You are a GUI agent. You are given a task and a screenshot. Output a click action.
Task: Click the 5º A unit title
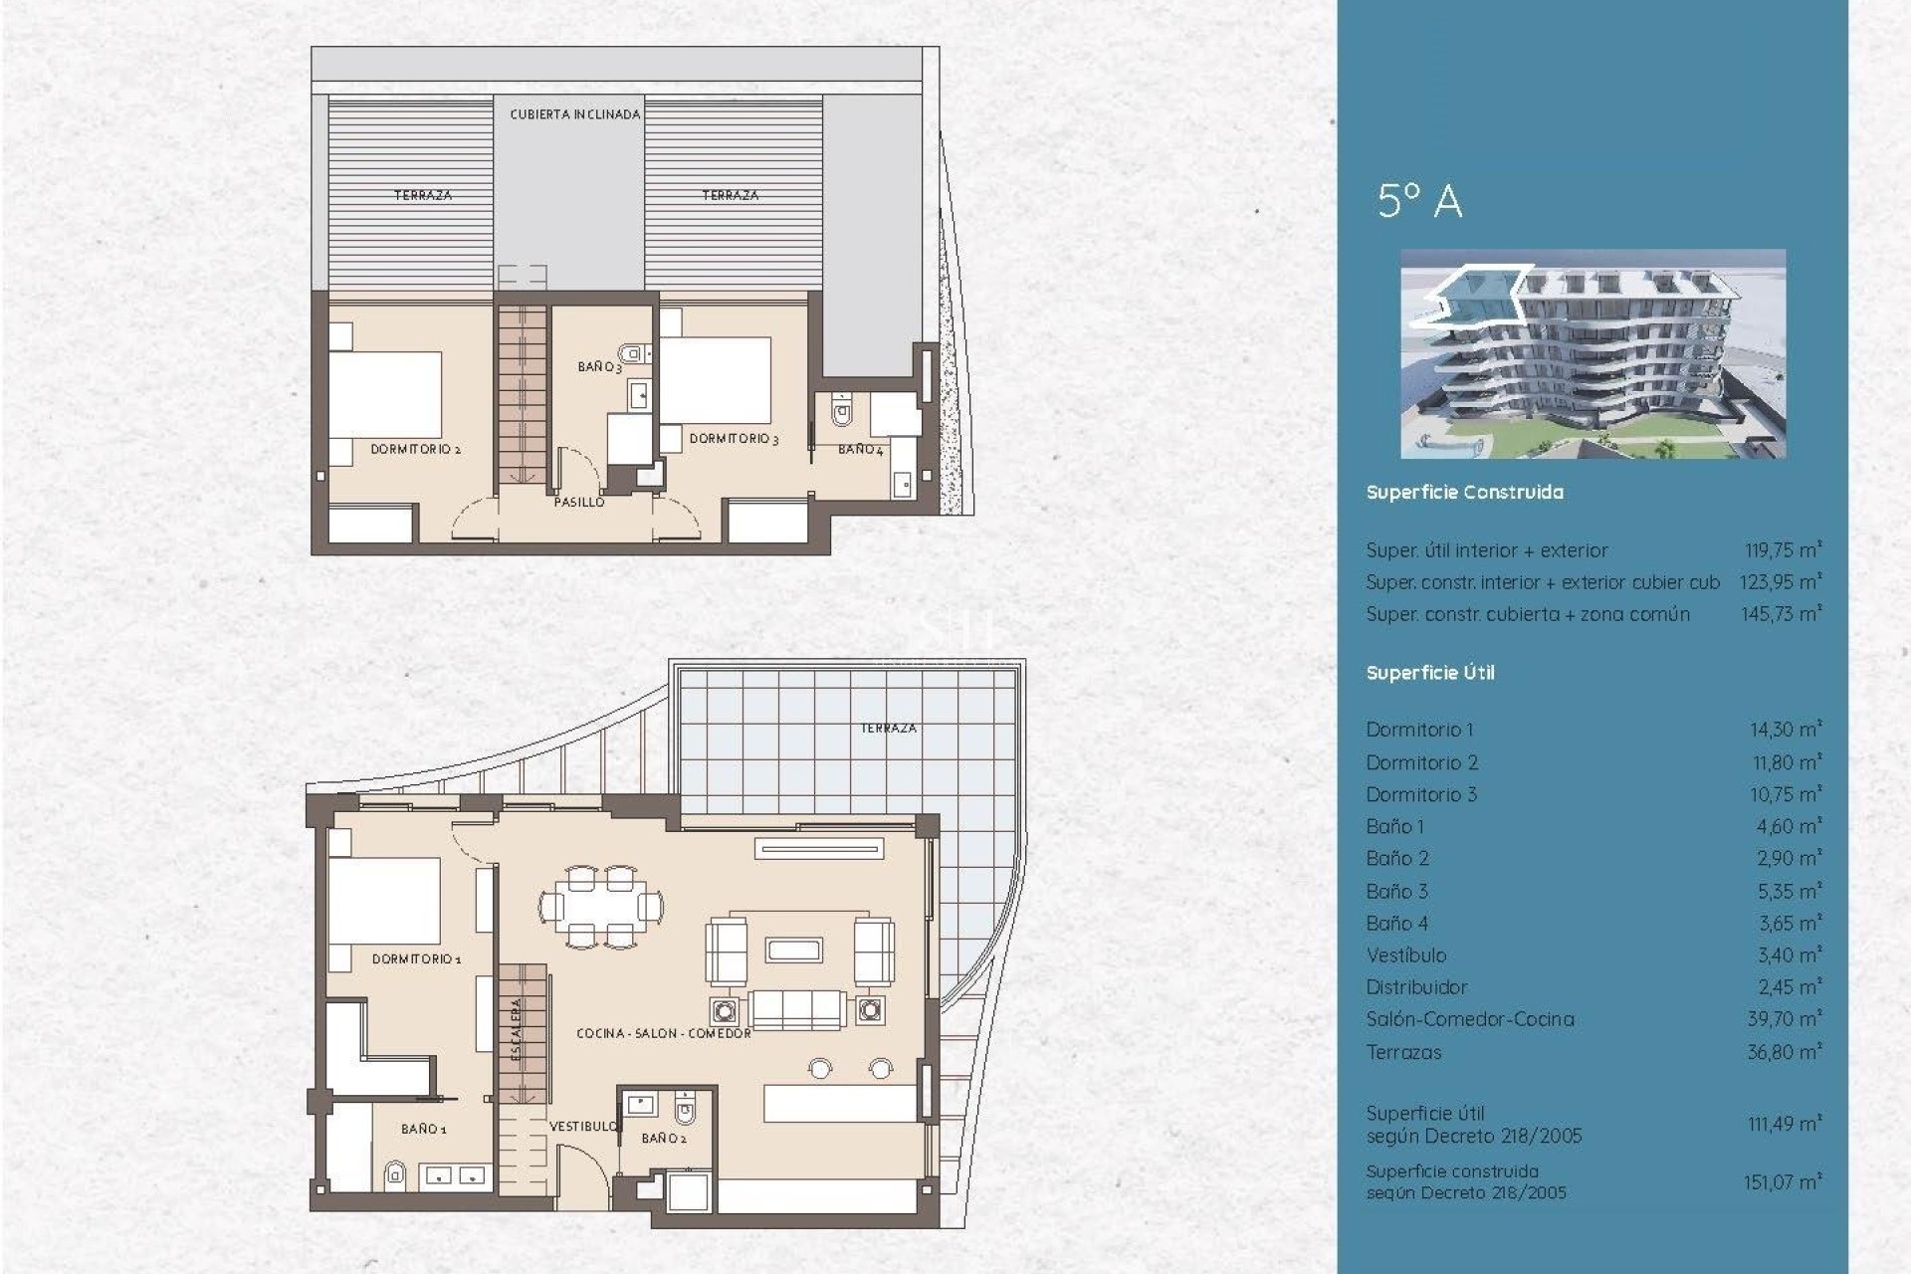1420,201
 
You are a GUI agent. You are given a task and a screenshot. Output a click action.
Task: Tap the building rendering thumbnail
1592,353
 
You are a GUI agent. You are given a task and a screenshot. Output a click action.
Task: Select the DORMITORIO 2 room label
415,450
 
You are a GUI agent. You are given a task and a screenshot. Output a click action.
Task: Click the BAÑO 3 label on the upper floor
599,367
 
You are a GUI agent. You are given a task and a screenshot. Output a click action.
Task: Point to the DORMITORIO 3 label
734,439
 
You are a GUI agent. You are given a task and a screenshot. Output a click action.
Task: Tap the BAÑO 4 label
860,450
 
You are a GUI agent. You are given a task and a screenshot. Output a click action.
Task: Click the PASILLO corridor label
578,503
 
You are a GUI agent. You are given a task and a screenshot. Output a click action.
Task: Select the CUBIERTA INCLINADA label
574,114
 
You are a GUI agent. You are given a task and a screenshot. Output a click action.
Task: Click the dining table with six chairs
601,907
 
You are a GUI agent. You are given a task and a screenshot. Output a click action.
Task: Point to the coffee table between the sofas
793,949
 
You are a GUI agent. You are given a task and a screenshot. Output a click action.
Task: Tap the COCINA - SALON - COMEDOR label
664,1034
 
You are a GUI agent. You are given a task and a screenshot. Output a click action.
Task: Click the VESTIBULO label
583,1127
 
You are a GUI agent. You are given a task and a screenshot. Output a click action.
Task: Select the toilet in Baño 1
395,1175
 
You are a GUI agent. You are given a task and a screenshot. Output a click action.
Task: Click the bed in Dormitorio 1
384,901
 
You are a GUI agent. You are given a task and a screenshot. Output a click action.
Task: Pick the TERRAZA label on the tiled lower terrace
888,729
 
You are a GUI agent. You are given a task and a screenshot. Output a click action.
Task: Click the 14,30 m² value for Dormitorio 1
1785,730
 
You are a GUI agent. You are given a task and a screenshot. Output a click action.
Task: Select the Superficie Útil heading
1429,673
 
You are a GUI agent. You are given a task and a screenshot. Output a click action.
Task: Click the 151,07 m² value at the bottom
1781,1182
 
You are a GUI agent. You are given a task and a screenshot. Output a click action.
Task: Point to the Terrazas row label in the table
1403,1052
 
